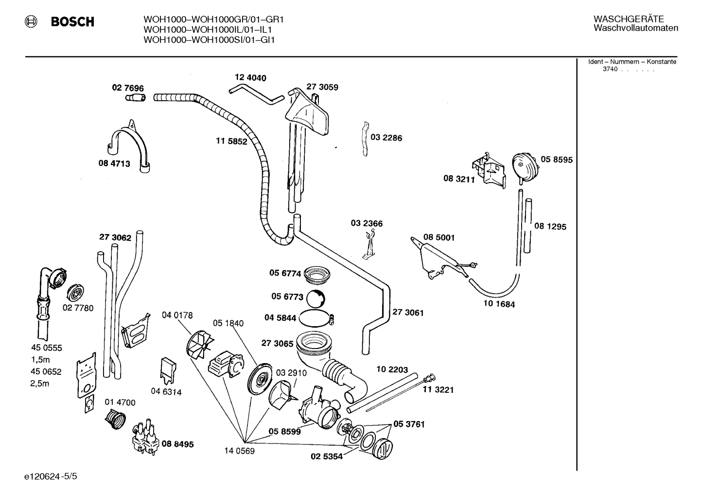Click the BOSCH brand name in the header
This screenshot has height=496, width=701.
(72, 21)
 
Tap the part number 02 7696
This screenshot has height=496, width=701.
(128, 88)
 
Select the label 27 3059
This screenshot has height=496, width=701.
(322, 87)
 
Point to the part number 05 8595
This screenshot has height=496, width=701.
(557, 160)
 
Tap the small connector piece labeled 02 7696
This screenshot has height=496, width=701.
(136, 98)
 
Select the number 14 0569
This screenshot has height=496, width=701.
(239, 451)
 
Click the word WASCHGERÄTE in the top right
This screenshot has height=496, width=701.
(629, 19)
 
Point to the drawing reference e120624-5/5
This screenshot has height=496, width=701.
(51, 476)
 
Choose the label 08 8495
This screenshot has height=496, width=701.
(177, 444)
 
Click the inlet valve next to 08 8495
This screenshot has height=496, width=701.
(145, 437)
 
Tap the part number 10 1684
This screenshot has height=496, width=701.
(499, 304)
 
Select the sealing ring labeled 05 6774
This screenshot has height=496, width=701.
(317, 275)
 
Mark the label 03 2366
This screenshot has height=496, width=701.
(367, 223)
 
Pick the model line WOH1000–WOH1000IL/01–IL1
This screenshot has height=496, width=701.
(208, 30)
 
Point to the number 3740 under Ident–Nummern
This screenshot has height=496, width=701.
(610, 69)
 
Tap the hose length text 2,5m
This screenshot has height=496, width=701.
(39, 384)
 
